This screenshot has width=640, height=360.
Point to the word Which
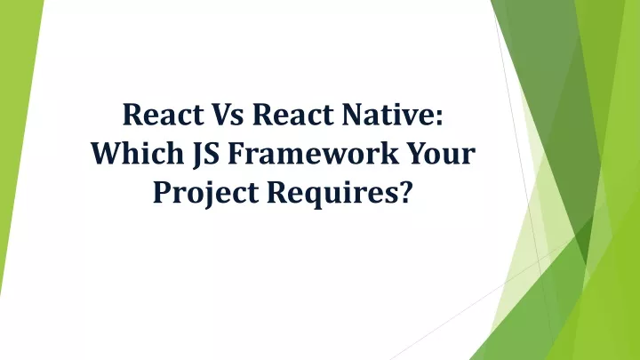[x=131, y=156]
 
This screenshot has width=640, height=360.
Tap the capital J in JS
[x=195, y=156]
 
